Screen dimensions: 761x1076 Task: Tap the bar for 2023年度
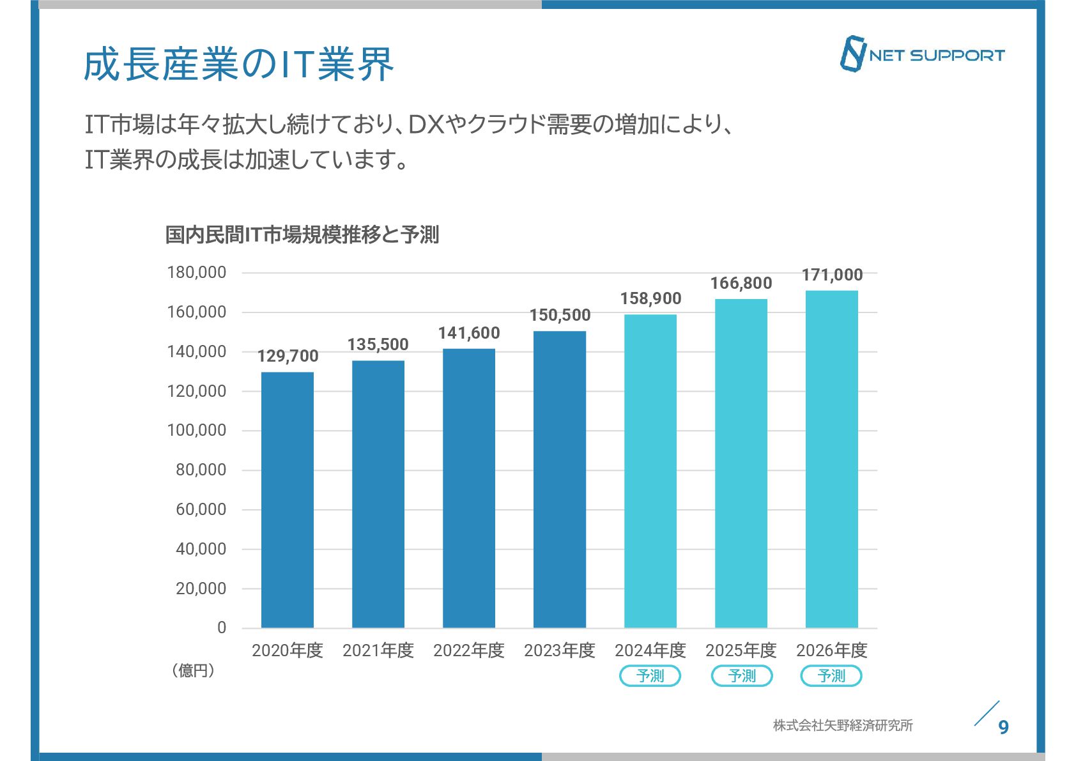point(559,479)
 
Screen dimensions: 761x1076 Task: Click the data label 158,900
point(650,298)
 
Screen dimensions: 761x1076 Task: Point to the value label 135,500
point(378,344)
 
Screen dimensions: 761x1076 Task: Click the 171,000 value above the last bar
point(832,275)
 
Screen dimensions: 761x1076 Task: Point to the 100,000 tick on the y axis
point(197,430)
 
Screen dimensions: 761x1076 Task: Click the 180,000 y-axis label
point(197,272)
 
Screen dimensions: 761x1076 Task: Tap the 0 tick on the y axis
point(221,627)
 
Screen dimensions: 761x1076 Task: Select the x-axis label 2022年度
point(468,650)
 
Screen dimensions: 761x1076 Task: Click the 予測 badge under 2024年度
point(650,675)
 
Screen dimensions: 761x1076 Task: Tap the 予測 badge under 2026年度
point(831,675)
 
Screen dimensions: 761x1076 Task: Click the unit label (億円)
point(192,670)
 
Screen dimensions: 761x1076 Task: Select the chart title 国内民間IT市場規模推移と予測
point(302,234)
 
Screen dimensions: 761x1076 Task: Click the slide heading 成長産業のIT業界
point(238,65)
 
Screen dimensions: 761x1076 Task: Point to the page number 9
point(1003,727)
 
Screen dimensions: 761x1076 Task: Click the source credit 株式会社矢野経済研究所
point(842,725)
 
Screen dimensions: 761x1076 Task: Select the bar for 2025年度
point(741,463)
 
